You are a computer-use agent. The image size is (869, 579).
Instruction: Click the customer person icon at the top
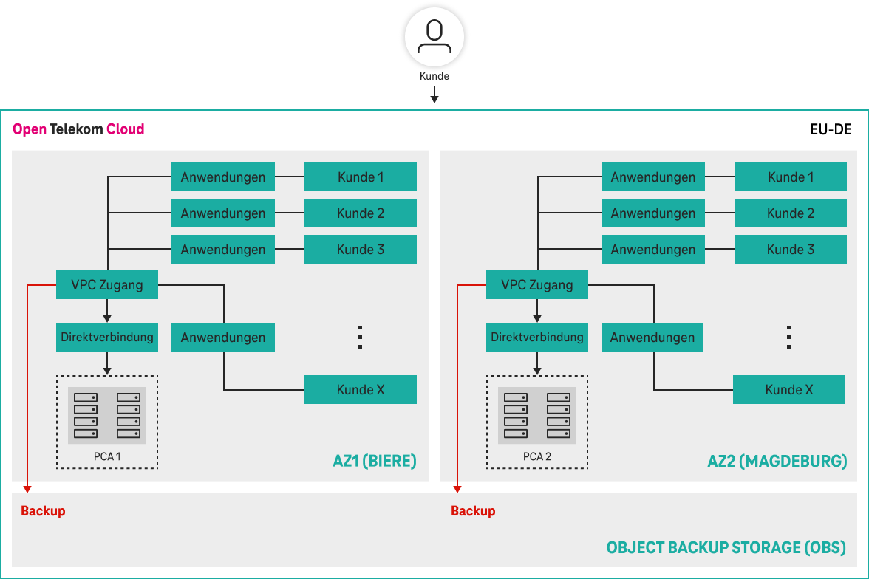point(434,38)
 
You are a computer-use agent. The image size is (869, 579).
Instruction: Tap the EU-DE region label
point(831,129)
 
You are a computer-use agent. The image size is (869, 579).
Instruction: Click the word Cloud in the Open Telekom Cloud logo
point(125,129)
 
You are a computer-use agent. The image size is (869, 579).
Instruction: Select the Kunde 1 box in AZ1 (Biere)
point(361,177)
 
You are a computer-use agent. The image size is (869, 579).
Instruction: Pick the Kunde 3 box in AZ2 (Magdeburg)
point(790,250)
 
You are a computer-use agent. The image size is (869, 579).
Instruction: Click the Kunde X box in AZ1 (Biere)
point(361,390)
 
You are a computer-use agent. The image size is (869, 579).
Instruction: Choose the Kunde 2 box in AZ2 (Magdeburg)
point(790,213)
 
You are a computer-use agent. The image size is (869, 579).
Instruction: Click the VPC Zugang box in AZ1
point(107,285)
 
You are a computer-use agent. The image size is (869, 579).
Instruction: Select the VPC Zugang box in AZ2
point(537,285)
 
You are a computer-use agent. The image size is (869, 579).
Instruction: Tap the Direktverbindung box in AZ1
point(107,338)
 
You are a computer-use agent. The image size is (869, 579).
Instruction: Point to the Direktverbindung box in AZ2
point(537,338)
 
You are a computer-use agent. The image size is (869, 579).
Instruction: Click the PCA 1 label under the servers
point(107,456)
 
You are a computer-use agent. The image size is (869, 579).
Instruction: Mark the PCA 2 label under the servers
point(537,456)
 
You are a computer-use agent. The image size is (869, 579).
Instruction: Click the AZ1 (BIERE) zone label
point(375,462)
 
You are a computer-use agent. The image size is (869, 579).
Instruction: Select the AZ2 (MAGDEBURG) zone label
point(777,462)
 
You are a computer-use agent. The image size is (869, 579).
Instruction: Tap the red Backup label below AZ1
point(43,511)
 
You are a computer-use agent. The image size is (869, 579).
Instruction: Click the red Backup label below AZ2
point(473,511)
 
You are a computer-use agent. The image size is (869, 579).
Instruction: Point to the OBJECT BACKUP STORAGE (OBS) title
point(726,548)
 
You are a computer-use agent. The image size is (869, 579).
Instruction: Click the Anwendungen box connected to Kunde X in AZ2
point(652,338)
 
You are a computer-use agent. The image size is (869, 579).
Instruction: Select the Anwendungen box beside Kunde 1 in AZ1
point(223,177)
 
